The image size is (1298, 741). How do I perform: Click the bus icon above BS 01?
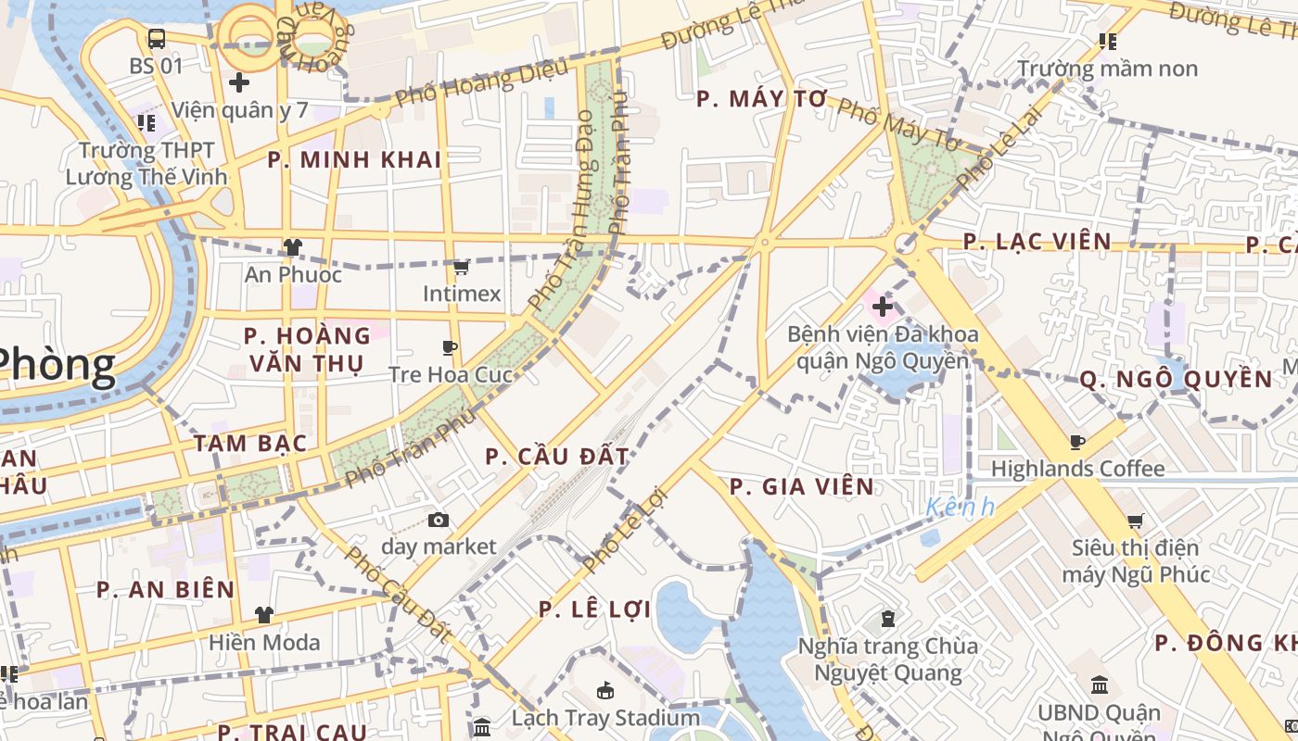coord(157,39)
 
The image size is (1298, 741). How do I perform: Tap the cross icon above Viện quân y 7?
coord(239,82)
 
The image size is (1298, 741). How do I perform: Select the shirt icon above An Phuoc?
coord(293,247)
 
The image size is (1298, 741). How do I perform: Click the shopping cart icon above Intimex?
coord(461,268)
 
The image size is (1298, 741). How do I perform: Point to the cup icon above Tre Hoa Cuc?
coord(450,348)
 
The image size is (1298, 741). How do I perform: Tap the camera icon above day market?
coord(439,521)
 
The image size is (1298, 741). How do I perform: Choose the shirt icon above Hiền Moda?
coord(264,615)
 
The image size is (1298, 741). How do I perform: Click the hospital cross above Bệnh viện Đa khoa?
coord(882,306)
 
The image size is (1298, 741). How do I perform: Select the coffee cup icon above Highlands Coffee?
coord(1077,443)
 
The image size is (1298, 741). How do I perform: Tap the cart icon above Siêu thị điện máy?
coord(1136,521)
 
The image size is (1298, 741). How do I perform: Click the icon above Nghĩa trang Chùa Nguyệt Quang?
coord(888,619)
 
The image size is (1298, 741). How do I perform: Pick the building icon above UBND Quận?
coord(1100,685)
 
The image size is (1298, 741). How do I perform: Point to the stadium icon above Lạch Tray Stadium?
coord(605,691)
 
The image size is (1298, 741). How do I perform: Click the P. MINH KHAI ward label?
coord(354,159)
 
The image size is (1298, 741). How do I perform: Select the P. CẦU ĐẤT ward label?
coord(557,456)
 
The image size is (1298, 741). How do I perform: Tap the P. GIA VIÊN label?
coord(802,486)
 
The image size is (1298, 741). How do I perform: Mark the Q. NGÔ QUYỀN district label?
coord(1176,379)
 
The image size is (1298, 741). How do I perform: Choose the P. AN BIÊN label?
coord(166,589)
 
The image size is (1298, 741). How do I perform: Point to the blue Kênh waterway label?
coord(960,507)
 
